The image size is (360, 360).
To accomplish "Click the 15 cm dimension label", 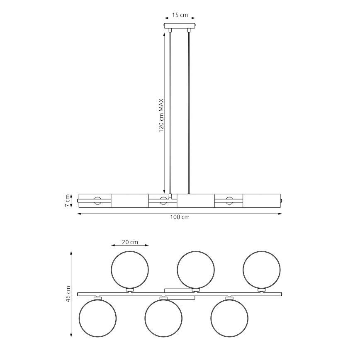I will [x=180, y=15].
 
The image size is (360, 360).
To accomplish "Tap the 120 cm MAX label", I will [x=162, y=115].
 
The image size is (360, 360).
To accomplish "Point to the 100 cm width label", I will [x=180, y=217].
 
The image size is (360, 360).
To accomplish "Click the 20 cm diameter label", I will [x=130, y=242].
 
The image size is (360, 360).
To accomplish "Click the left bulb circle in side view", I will [x=97, y=201].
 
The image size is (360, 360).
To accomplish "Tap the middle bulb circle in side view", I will [x=163, y=201].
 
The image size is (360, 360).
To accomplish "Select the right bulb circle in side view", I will [x=229, y=201].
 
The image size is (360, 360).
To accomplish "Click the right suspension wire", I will [x=189, y=112].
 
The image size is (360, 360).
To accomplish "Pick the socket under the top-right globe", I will [x=261, y=289].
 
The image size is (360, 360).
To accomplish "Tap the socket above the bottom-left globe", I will [x=97, y=297].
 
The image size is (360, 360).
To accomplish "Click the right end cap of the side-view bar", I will [x=282, y=201].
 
